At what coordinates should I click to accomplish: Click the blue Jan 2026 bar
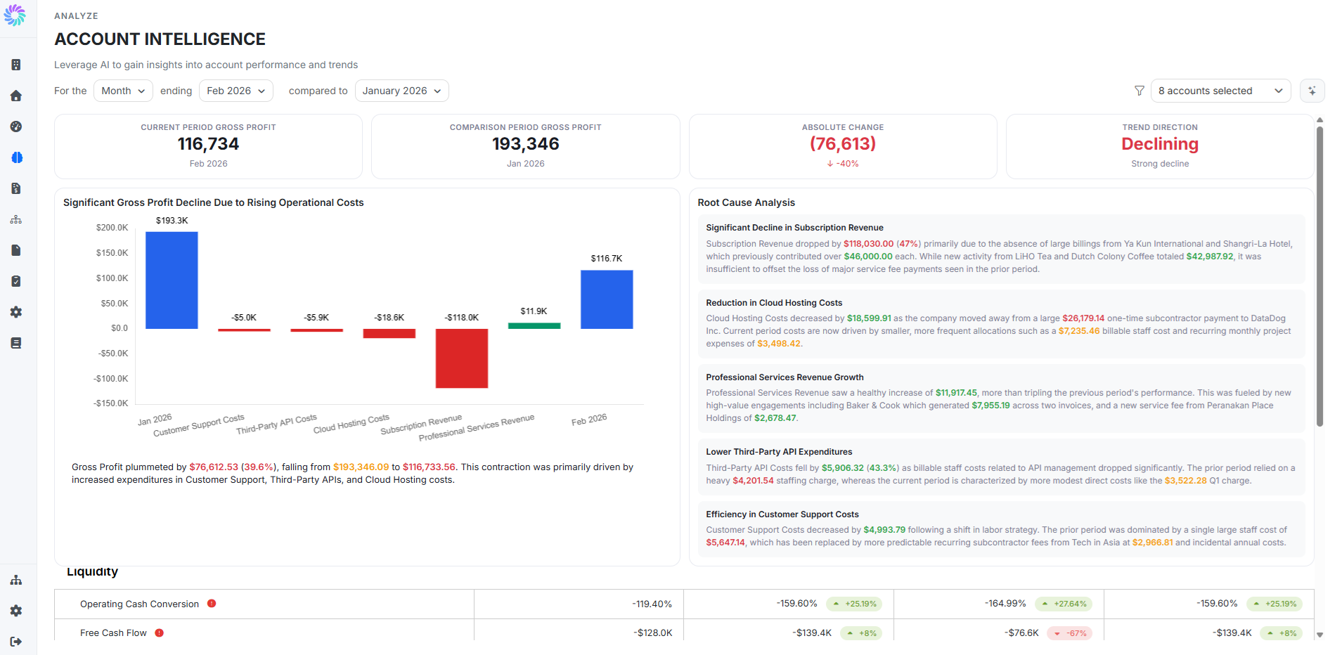click(x=172, y=280)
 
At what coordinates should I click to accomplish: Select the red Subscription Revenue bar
click(x=461, y=358)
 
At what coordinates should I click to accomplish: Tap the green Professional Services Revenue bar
click(x=534, y=325)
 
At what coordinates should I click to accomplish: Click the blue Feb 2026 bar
click(x=607, y=299)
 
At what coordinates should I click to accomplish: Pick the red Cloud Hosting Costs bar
click(x=389, y=333)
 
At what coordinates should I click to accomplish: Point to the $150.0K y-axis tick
click(x=112, y=253)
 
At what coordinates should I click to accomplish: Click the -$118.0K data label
click(x=461, y=318)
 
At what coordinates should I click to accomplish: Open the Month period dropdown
click(x=123, y=91)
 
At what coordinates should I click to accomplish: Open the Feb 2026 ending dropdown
click(x=235, y=91)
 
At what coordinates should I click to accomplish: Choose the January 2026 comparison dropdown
click(x=401, y=91)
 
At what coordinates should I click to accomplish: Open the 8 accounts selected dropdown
click(x=1220, y=91)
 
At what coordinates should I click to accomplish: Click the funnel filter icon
click(x=1139, y=91)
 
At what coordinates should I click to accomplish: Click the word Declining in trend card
click(x=1160, y=144)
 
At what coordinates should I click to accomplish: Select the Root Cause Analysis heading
click(x=746, y=202)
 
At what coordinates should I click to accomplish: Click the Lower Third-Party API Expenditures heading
click(x=779, y=452)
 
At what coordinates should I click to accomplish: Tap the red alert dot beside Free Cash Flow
click(x=160, y=633)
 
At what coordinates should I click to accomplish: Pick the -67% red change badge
click(x=1069, y=633)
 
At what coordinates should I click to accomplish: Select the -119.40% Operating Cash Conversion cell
click(x=652, y=604)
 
